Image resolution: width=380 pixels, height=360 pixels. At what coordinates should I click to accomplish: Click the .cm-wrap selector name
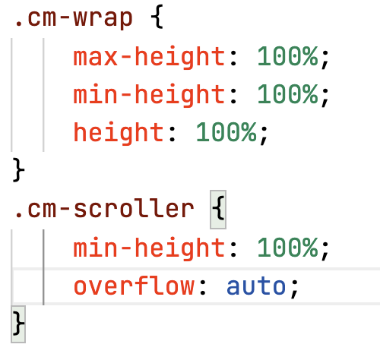click(x=74, y=18)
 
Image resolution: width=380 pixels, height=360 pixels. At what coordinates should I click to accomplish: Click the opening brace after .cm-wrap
click(x=157, y=17)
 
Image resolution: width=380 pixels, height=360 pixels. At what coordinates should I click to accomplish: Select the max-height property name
click(x=149, y=57)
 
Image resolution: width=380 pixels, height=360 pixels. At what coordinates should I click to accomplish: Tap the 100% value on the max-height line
click(x=287, y=56)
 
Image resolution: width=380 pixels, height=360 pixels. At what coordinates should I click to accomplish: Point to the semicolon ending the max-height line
click(x=325, y=58)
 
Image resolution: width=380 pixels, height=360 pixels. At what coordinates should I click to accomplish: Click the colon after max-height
click(x=233, y=58)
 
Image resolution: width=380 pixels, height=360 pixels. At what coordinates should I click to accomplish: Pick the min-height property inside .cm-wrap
click(x=149, y=95)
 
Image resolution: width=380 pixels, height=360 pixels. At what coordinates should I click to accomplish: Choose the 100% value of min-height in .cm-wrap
click(x=287, y=94)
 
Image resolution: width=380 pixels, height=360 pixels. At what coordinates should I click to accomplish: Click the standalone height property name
click(x=119, y=133)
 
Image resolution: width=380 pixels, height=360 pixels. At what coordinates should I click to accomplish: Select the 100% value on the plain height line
click(x=226, y=132)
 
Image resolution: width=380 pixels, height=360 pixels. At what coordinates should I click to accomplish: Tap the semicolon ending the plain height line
click(x=264, y=135)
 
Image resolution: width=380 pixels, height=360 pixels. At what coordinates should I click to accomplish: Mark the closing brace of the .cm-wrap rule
click(x=18, y=170)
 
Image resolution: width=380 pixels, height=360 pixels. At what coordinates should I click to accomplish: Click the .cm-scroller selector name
click(x=104, y=209)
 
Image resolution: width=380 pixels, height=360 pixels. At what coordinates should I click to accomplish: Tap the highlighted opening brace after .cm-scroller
click(x=218, y=210)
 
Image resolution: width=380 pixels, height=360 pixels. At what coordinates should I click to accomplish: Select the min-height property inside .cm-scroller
click(x=149, y=248)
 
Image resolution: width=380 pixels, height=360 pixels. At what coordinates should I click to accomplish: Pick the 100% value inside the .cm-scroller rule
click(x=287, y=247)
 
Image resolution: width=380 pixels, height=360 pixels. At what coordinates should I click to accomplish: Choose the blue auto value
click(x=256, y=286)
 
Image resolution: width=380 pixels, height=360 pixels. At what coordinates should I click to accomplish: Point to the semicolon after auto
click(x=294, y=289)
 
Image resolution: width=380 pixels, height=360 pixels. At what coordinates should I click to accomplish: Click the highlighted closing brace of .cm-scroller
click(x=18, y=324)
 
